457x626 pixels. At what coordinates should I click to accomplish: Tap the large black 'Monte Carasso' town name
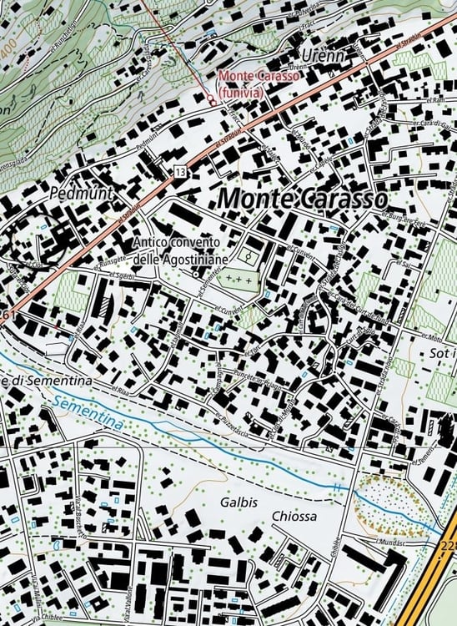(x=303, y=199)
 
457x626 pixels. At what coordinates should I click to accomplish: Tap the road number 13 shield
(x=180, y=171)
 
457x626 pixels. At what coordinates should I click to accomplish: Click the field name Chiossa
(x=294, y=517)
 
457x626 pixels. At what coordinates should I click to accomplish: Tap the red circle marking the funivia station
(x=212, y=99)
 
